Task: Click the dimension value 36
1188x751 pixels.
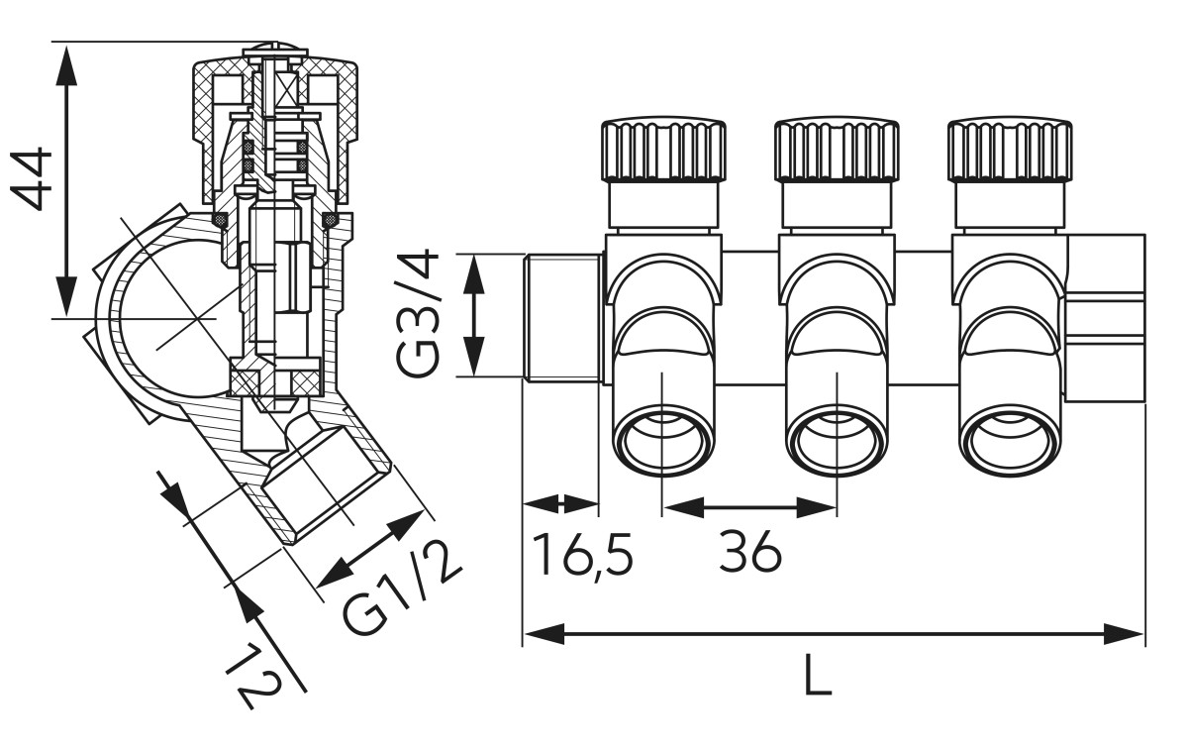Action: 750,553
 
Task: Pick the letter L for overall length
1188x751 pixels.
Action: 817,676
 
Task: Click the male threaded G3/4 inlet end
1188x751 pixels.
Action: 560,317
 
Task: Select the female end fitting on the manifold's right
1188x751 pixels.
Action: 1107,317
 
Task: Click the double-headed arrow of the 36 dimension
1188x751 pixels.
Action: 749,508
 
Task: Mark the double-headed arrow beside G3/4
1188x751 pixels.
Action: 475,314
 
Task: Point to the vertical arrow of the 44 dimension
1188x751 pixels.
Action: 66,179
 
